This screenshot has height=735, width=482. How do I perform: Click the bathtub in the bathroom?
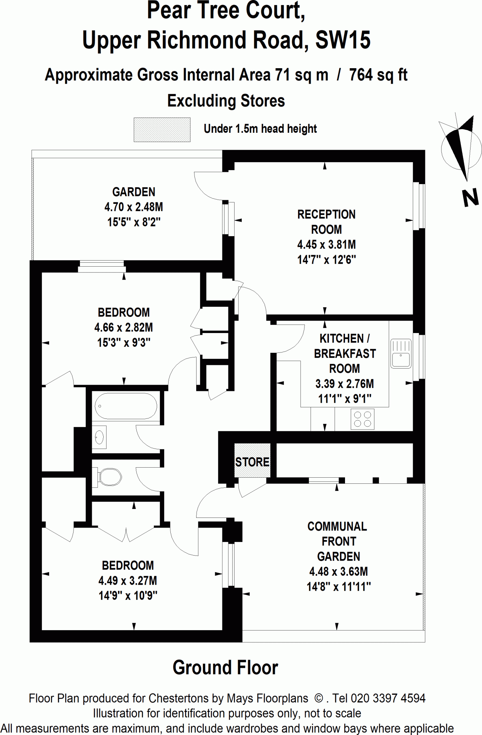point(126,406)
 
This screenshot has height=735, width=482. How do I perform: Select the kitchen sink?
point(401,354)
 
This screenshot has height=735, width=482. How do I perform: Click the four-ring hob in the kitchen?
point(362,419)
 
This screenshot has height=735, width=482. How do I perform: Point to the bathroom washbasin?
point(99,437)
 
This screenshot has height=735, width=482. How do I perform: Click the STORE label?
point(252,462)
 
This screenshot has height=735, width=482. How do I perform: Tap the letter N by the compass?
point(470,198)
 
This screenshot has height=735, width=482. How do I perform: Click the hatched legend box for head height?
point(162,130)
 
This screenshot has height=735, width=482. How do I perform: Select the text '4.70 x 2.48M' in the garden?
point(133,207)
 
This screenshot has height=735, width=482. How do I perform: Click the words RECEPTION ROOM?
point(326,222)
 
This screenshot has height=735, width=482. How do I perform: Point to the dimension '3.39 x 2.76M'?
point(344,384)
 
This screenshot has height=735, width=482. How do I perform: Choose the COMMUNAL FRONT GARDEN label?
point(337,541)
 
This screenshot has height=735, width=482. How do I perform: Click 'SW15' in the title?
point(342,40)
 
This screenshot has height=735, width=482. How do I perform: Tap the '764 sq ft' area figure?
point(378,75)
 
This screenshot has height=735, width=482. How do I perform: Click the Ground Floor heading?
point(225,668)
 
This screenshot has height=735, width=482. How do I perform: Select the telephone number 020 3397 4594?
point(388,698)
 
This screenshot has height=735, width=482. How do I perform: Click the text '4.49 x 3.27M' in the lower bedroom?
point(128,580)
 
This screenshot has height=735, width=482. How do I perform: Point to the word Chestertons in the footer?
point(179,698)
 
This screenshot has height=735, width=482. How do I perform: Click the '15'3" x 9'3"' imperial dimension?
point(124,343)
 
